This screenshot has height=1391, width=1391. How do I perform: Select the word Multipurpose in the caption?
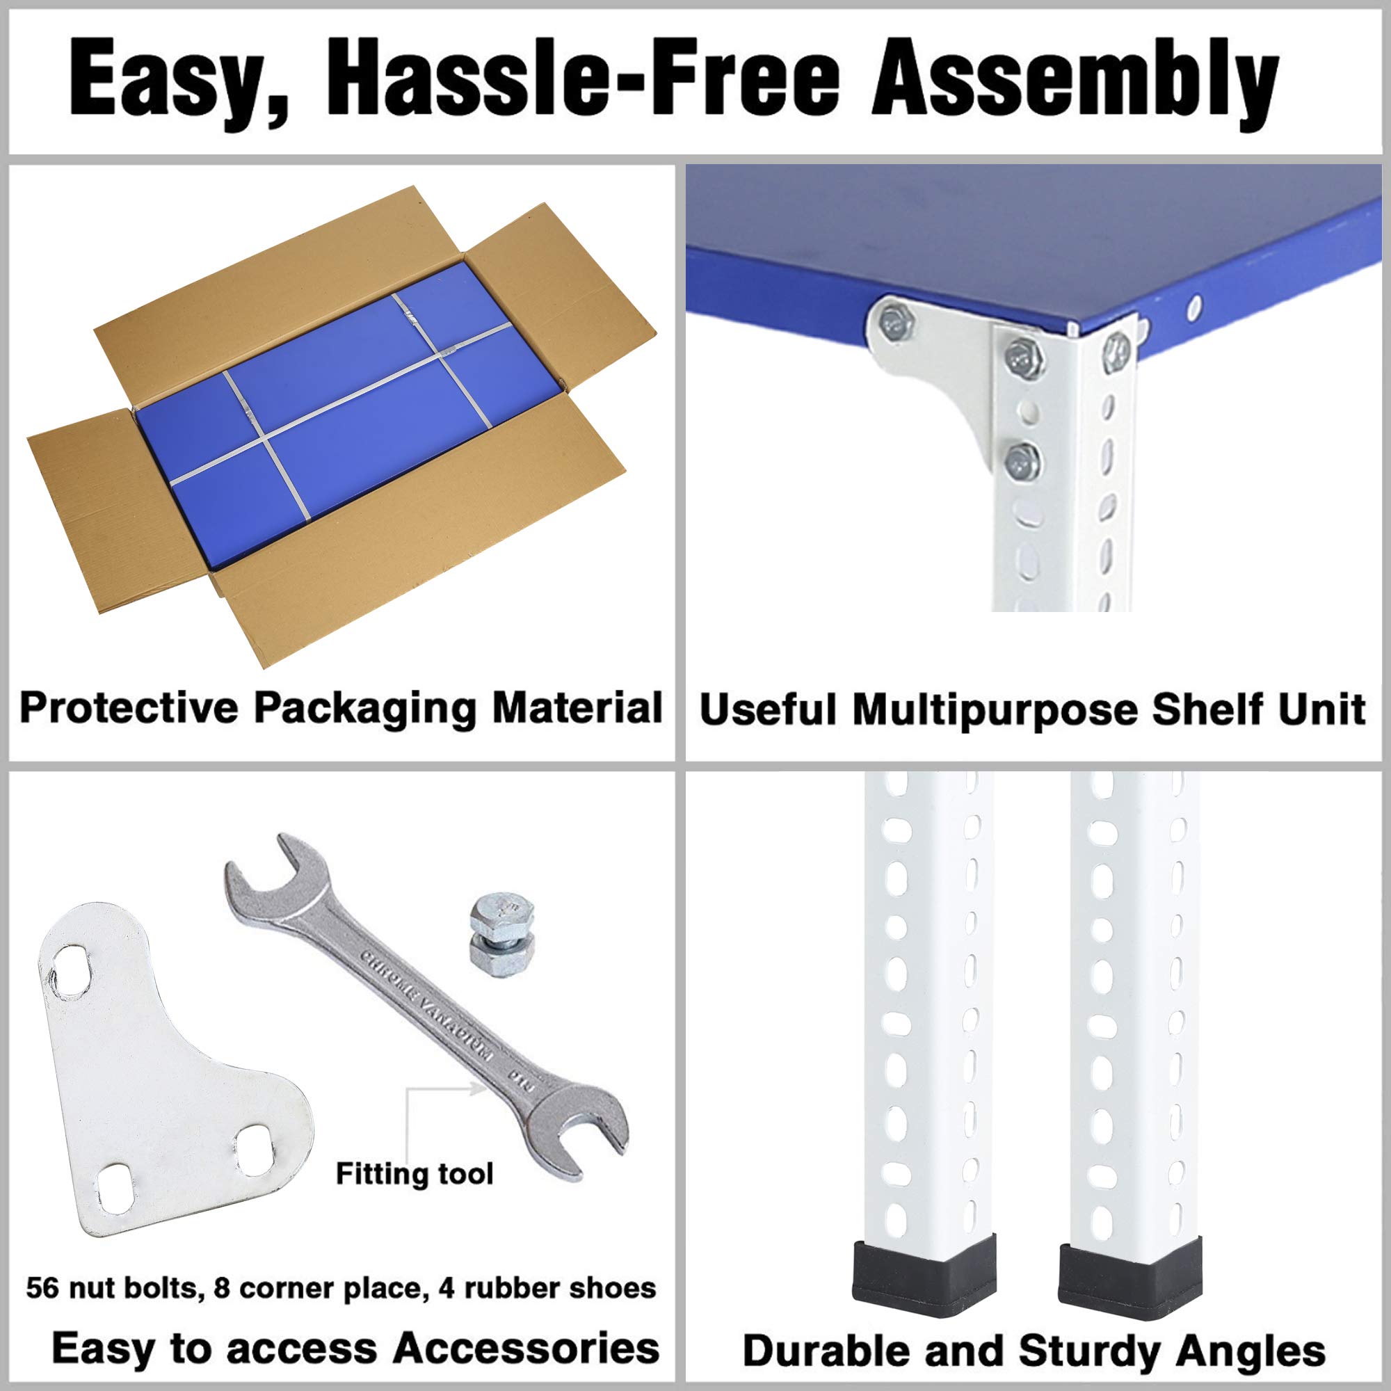[x=998, y=710]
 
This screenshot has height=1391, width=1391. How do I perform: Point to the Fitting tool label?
[x=415, y=1173]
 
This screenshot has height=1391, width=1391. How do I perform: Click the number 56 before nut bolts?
[x=42, y=1287]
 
